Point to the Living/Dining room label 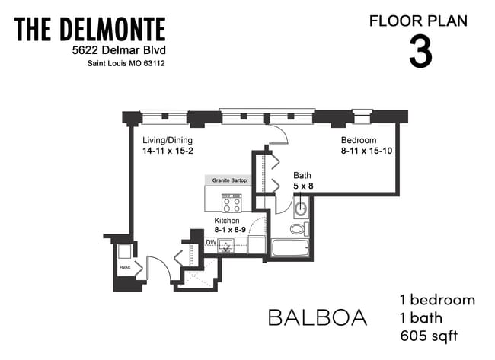click(168, 141)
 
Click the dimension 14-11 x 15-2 click(168, 151)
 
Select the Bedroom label click(358, 141)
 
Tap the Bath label click(302, 174)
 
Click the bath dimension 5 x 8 click(303, 185)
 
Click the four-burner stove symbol click(232, 203)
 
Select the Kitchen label click(227, 221)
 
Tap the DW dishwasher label click(211, 243)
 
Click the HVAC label click(123, 268)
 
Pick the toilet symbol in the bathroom click(299, 228)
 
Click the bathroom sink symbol click(302, 207)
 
